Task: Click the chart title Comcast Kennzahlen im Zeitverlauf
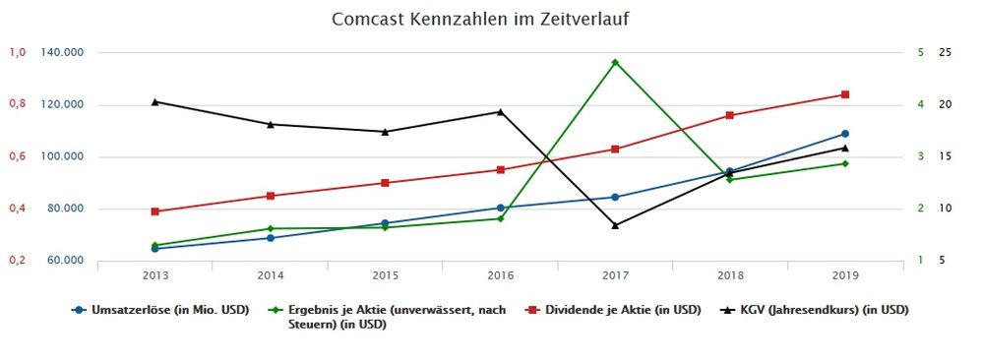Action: click(480, 19)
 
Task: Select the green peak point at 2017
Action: click(615, 62)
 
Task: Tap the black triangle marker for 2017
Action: click(615, 225)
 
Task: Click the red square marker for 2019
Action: click(845, 94)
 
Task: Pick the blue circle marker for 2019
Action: click(845, 134)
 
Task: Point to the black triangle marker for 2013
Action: click(155, 101)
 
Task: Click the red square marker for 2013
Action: click(155, 211)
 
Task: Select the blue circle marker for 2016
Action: click(500, 208)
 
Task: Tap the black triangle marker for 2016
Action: click(500, 111)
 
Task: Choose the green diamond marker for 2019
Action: click(845, 163)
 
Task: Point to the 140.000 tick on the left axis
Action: click(61, 52)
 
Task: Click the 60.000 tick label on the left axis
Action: click(61, 261)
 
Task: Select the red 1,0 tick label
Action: click(17, 52)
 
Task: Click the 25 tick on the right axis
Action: click(946, 52)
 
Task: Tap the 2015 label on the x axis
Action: click(385, 274)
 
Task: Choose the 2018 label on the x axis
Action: click(730, 274)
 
